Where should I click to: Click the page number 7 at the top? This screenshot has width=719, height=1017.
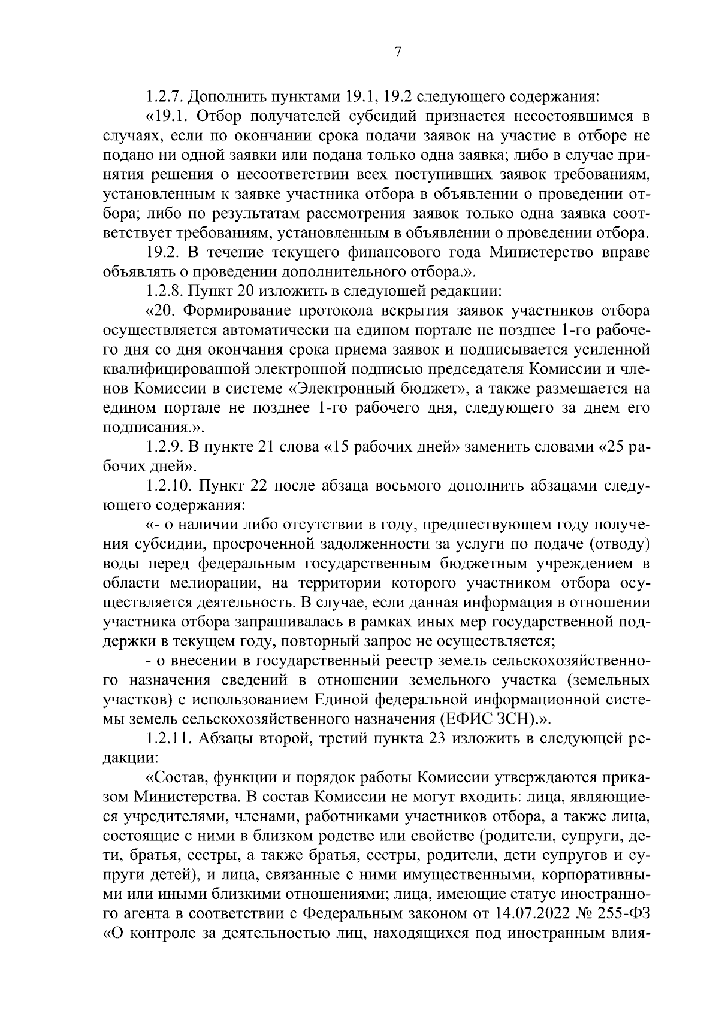pyautogui.click(x=397, y=52)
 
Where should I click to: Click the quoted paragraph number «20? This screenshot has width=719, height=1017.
pyautogui.click(x=159, y=311)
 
